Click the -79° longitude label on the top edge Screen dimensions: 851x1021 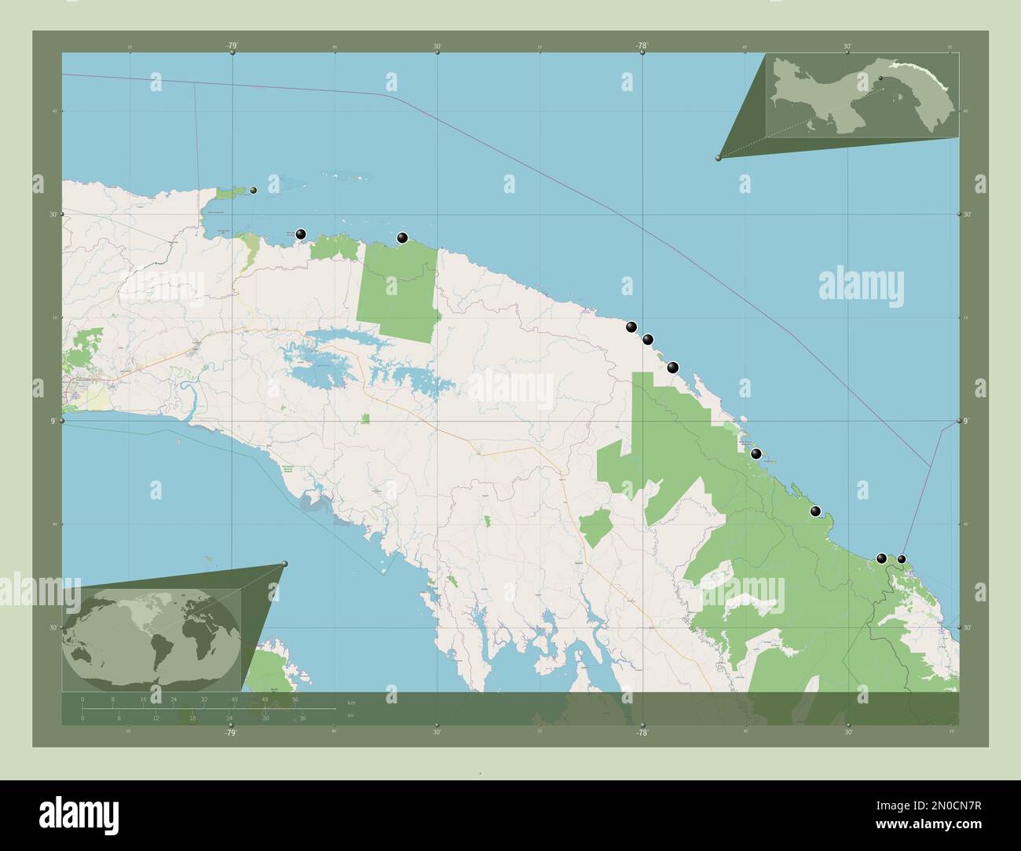coord(232,46)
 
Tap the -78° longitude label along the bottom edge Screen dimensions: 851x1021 coord(642,732)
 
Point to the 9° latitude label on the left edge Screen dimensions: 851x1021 coord(54,421)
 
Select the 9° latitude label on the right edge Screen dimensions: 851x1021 coord(968,422)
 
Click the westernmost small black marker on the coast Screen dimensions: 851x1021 coord(253,190)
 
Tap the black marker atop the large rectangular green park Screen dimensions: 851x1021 coord(402,238)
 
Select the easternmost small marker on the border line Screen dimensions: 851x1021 coord(902,559)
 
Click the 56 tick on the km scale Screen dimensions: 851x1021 coord(295,699)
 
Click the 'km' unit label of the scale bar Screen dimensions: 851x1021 coord(351,701)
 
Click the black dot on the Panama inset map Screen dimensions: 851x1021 coord(880,79)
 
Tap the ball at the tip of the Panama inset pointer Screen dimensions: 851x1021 coord(719,158)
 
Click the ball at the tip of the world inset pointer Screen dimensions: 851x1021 coord(284,564)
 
